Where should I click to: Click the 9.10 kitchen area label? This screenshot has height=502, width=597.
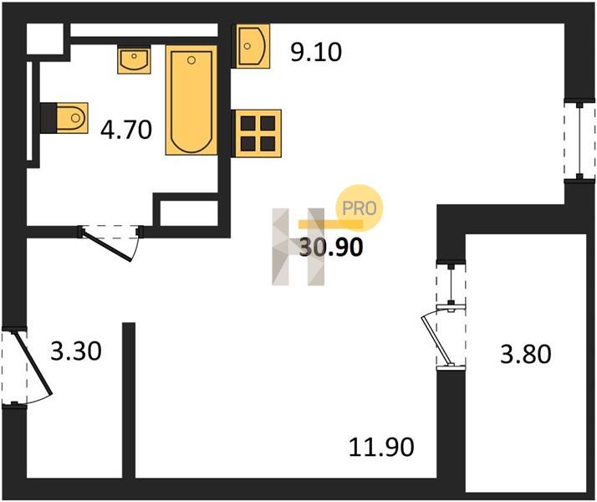(316, 52)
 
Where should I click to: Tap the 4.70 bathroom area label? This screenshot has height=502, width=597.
(126, 130)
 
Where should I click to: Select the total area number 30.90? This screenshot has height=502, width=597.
(331, 247)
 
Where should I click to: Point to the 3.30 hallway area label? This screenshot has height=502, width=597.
(76, 351)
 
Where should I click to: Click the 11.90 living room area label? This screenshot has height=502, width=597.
(381, 447)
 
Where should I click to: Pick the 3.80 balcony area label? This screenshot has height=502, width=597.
(525, 354)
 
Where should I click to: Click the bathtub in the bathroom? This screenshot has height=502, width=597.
(191, 100)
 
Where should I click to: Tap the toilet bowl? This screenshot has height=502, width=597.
(72, 118)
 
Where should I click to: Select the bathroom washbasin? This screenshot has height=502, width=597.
(134, 59)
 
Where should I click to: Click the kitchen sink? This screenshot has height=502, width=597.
(253, 46)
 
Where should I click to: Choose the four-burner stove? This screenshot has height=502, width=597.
(258, 133)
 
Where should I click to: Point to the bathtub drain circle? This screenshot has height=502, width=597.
(191, 59)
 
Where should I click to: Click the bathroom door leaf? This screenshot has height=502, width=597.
(107, 246)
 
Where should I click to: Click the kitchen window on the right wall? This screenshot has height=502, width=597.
(579, 141)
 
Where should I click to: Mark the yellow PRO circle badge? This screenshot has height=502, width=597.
(359, 208)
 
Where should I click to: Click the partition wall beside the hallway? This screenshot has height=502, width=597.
(129, 400)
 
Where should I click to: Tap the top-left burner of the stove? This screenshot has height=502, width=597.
(248, 123)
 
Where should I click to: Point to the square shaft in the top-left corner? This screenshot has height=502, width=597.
(45, 38)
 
